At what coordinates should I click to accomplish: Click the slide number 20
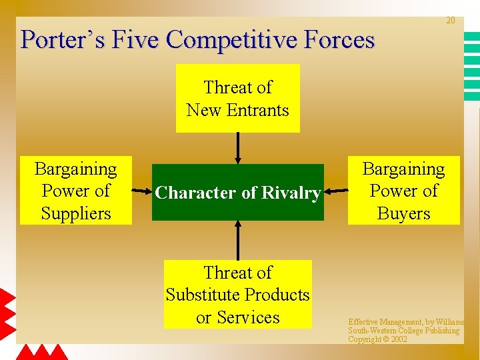point(450,21)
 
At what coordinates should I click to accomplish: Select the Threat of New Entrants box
point(237,98)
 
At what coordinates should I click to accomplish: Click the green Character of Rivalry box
point(237,193)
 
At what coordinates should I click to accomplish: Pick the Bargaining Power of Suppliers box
point(75,191)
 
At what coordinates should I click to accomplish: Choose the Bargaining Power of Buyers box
point(403,191)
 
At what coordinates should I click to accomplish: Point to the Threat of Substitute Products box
point(237,294)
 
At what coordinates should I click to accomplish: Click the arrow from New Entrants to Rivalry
point(237,148)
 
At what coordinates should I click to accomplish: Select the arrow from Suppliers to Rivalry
point(142,191)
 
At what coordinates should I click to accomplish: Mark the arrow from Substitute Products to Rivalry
point(237,240)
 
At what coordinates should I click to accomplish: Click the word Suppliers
point(75,213)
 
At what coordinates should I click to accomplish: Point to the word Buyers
point(403,213)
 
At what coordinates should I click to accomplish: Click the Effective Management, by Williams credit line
point(406,322)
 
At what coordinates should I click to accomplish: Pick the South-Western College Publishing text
point(403,331)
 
